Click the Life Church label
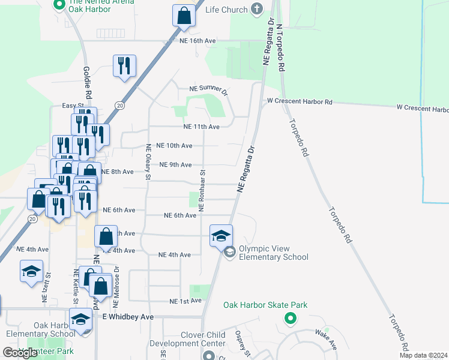[226, 10]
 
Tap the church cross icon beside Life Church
[258, 9]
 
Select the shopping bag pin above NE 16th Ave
[184, 16]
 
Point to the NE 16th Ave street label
[197, 41]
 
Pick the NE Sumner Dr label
[208, 90]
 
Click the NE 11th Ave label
[201, 127]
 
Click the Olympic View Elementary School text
[273, 253]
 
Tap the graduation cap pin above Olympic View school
[221, 235]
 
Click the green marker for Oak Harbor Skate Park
[291, 319]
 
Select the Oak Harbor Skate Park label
[265, 305]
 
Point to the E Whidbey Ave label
[128, 316]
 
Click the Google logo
[20, 353]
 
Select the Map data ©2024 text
[424, 355]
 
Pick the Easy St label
[73, 106]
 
